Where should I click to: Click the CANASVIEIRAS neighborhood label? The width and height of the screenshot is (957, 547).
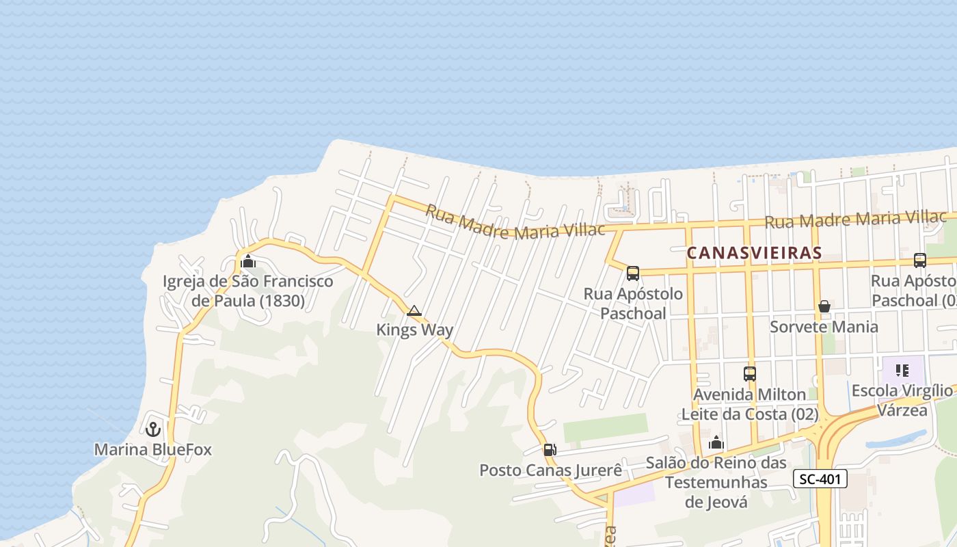coord(754,252)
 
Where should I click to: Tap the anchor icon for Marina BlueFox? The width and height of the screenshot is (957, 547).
coord(153,429)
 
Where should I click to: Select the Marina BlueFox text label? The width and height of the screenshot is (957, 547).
coord(153,450)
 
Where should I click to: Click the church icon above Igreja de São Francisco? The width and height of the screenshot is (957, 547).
coord(248,261)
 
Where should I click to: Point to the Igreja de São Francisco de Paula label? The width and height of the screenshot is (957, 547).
coord(248,291)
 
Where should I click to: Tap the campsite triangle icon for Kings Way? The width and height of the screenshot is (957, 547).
coord(414,311)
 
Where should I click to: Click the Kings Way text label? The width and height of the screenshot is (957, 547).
coord(414,330)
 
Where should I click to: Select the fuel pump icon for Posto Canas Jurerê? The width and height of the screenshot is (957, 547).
coord(550,450)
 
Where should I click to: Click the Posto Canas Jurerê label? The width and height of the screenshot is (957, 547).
coord(551,470)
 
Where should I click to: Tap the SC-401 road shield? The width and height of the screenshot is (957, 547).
coord(820,479)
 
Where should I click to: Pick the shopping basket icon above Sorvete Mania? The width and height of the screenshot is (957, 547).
coord(824,306)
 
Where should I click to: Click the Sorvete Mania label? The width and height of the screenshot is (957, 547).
coord(824,326)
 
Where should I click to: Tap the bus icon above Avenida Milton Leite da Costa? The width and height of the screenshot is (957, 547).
coord(750,374)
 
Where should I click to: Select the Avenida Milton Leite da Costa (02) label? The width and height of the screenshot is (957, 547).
coord(750,404)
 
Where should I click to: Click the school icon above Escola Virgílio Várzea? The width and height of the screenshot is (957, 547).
coord(902,371)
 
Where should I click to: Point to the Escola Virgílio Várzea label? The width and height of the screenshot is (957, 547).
coord(902,400)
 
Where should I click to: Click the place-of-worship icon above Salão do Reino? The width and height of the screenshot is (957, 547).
coord(716,443)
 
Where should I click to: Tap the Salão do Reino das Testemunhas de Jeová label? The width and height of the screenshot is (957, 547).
coord(716,483)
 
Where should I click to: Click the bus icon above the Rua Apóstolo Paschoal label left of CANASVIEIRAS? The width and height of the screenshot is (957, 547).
coord(633,273)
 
